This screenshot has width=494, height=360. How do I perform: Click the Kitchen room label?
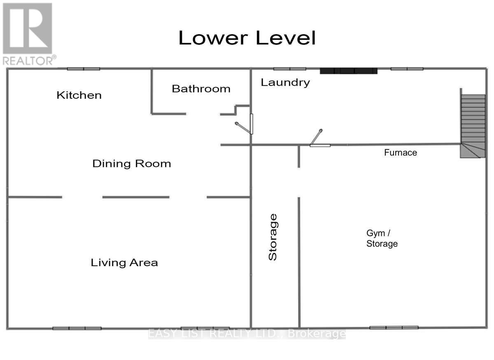tap(79, 95)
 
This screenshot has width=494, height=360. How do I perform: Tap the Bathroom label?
tap(201, 88)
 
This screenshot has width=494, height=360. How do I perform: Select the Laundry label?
tap(285, 82)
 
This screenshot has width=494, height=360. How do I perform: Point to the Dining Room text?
tap(131, 163)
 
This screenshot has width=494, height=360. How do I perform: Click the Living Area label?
tap(124, 262)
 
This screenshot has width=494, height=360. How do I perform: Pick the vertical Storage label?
tap(273, 237)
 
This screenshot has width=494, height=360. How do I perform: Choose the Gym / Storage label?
tap(382, 238)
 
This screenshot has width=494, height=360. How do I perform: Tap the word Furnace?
tap(401, 153)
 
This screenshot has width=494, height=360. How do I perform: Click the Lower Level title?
tap(247, 38)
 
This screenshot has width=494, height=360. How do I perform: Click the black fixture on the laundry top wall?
tap(349, 71)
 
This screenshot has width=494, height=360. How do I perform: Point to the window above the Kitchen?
tap(84, 69)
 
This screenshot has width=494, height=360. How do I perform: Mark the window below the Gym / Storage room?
tap(394, 327)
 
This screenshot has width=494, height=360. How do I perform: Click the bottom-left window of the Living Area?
tap(77, 328)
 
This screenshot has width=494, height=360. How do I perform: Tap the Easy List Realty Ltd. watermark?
tap(247, 334)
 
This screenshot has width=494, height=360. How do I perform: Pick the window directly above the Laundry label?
tap(289, 69)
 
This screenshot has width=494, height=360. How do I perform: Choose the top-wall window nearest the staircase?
tap(407, 69)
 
